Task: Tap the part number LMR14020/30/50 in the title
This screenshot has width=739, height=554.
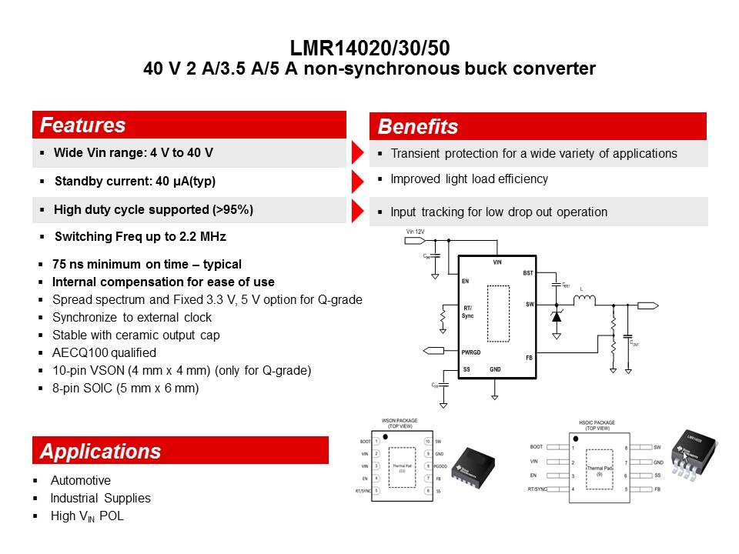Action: pos(369,48)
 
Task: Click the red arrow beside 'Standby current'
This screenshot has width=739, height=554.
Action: pos(357,182)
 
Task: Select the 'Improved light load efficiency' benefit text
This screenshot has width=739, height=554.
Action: pos(469,179)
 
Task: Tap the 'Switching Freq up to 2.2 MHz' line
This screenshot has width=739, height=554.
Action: pos(139,237)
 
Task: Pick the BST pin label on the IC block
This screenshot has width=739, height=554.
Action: pos(527,273)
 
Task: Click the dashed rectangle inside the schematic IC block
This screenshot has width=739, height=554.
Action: pos(498,313)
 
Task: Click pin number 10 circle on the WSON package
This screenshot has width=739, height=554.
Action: pos(427,442)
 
